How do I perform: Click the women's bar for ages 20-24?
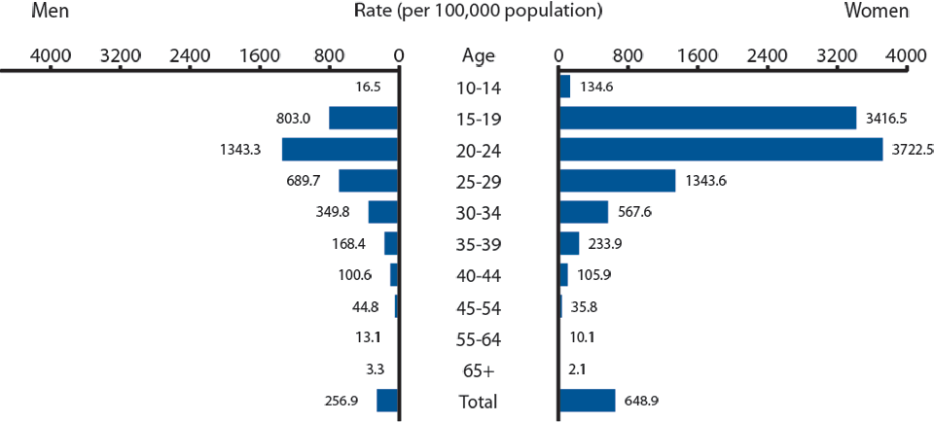[720, 150]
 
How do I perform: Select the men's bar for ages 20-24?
[340, 150]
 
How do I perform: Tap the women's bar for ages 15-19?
[707, 118]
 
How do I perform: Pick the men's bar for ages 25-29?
[368, 181]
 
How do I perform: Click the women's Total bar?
[587, 401]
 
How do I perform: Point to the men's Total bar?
[387, 401]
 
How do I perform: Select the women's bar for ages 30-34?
[583, 212]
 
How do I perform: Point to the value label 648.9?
[645, 401]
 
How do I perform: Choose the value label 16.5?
[369, 88]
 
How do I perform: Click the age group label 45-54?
[477, 308]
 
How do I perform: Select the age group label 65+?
[477, 370]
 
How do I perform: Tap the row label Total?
[477, 402]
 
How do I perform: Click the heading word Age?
[477, 55]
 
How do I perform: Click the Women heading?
[876, 12]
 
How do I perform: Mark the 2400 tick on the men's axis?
[190, 55]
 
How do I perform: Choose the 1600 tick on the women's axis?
[698, 55]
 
